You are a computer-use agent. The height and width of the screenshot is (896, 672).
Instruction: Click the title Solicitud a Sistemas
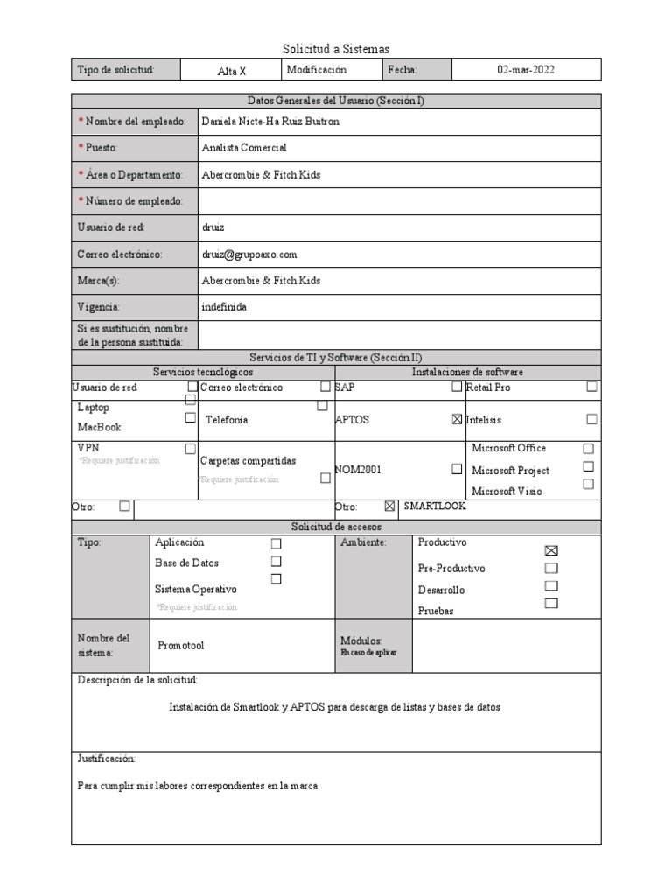[x=336, y=49]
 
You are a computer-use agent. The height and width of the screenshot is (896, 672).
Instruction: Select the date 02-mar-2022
[x=526, y=70]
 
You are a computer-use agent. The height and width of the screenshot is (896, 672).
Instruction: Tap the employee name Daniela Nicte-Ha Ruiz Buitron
[x=269, y=122]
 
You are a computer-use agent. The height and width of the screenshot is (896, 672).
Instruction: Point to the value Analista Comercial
[x=243, y=148]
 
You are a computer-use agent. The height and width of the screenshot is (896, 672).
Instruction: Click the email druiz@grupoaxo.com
[x=249, y=254]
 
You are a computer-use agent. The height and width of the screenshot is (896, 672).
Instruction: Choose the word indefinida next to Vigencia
[x=224, y=307]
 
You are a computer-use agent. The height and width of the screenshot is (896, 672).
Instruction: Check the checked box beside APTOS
[x=457, y=420]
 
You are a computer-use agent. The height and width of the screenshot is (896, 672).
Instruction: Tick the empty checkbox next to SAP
[x=457, y=387]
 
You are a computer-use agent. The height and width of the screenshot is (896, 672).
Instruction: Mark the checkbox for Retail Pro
[x=592, y=387]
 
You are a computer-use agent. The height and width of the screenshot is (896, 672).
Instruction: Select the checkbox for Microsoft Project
[x=589, y=466]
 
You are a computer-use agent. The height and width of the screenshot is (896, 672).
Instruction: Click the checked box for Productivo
[x=550, y=550]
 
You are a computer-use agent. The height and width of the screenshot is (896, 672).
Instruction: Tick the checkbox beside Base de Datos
[x=276, y=561]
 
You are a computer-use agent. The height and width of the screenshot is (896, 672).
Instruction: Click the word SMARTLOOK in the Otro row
[x=435, y=507]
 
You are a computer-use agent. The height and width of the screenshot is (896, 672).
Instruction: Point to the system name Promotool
[x=181, y=645]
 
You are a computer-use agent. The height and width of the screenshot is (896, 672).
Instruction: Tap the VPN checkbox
[x=191, y=449]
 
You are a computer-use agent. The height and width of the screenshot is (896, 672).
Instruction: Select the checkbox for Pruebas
[x=550, y=603]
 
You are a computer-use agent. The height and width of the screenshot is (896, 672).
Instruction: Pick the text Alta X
[x=232, y=71]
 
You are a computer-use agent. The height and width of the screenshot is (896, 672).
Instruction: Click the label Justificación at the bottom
[x=107, y=759]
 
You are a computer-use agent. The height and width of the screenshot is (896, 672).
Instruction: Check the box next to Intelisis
[x=592, y=420]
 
